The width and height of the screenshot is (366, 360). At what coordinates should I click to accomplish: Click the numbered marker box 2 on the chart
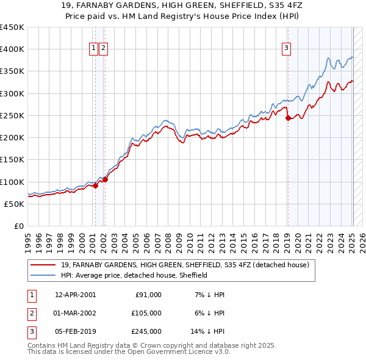coord(103,49)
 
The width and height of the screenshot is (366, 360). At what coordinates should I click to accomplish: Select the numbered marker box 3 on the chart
coord(286,49)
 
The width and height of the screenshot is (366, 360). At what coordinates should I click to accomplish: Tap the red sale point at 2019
coord(288,118)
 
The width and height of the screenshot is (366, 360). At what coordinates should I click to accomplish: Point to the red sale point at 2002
coord(105,179)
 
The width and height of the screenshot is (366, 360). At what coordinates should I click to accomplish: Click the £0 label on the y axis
coord(18,226)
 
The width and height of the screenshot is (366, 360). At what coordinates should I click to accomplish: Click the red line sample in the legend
coord(43,265)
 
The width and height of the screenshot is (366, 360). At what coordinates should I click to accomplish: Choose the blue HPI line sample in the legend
coord(43,275)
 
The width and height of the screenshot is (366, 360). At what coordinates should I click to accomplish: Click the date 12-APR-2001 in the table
coord(75,295)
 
